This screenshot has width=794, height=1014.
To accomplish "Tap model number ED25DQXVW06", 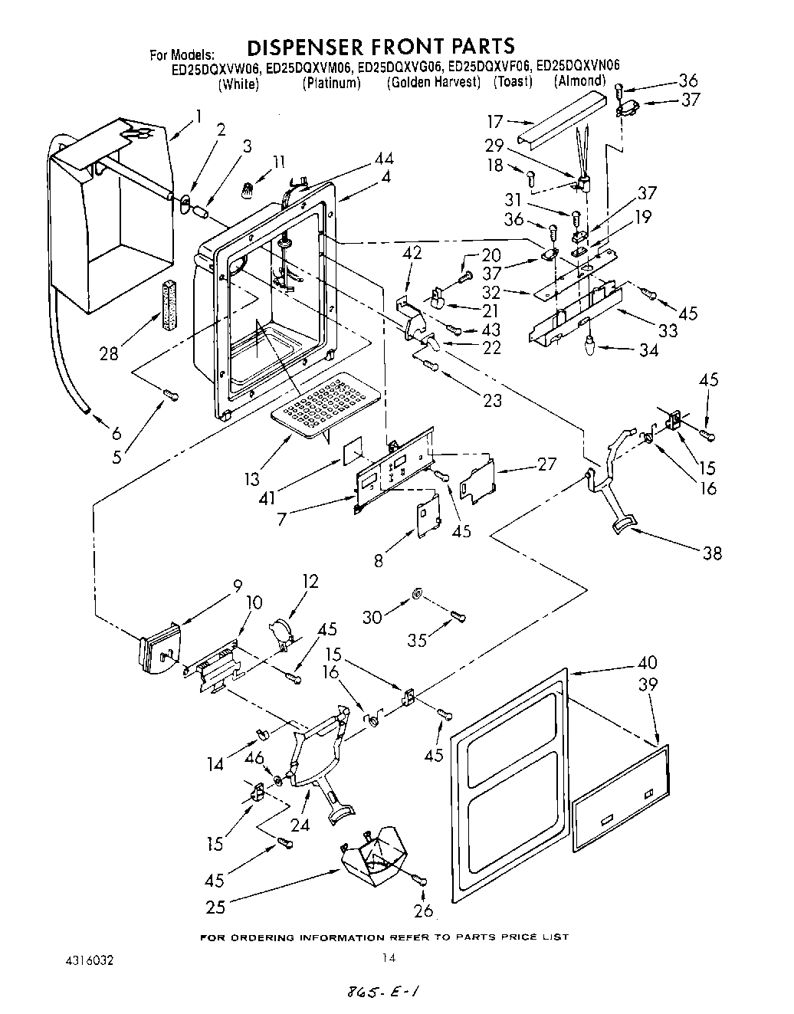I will [x=217, y=67].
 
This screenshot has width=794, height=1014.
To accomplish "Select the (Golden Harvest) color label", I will [x=433, y=82].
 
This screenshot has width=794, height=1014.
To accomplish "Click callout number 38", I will [x=712, y=553].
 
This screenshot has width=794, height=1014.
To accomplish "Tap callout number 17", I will [x=496, y=120].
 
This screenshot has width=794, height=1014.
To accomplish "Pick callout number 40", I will [x=647, y=663].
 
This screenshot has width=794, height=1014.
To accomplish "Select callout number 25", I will [x=215, y=907].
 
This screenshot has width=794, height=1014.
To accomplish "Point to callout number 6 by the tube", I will [x=116, y=433].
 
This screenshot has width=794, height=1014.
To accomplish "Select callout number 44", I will [x=384, y=159].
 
